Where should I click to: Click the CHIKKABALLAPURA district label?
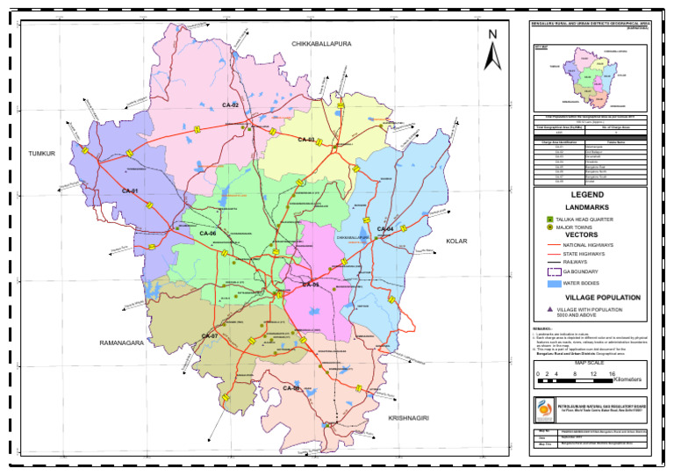point(321,43)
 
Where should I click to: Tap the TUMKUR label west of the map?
point(41,153)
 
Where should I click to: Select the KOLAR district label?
point(457,240)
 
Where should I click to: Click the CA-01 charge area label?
point(131,191)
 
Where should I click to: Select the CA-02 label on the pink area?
point(230,105)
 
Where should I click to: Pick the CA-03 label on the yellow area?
point(305,140)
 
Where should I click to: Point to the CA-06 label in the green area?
point(207,233)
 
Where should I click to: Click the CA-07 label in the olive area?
point(209,336)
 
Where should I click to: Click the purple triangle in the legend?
point(549,309)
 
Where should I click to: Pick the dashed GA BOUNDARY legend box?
point(553,273)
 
